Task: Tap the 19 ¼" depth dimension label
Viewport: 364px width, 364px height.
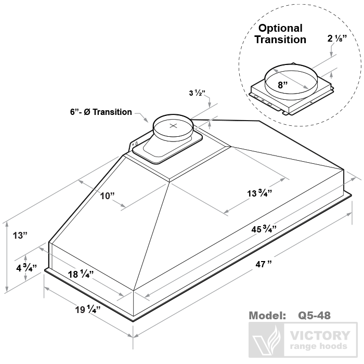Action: point(87,310)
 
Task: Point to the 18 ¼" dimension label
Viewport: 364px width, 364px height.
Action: point(81,274)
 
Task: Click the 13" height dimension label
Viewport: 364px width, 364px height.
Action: point(19,235)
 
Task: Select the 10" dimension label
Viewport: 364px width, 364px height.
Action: point(108,196)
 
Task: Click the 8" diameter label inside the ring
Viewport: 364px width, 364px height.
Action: point(283,84)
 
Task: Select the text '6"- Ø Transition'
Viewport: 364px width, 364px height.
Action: point(101,112)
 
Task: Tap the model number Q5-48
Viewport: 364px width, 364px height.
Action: point(314,316)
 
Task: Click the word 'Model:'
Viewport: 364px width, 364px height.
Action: point(267,316)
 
